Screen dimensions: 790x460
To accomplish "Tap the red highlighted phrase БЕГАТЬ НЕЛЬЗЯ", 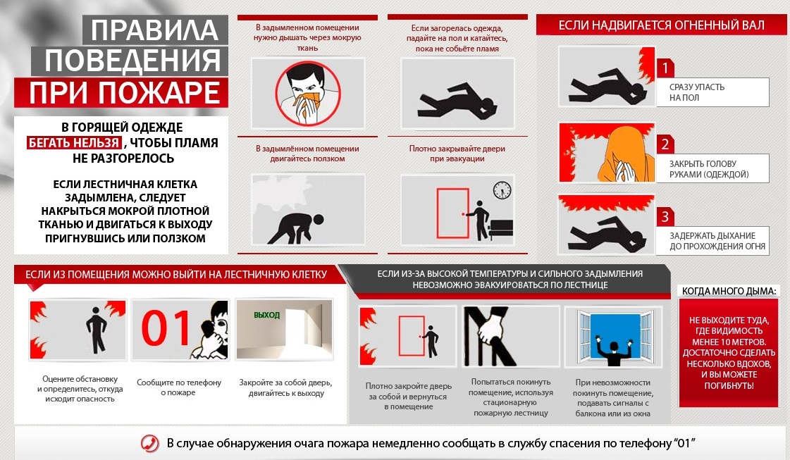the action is click(x=74, y=142).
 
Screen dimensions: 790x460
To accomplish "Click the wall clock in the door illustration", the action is click(x=502, y=190).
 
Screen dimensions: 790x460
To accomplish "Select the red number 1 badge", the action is click(x=665, y=68).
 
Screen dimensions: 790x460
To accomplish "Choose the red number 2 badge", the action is click(x=665, y=144).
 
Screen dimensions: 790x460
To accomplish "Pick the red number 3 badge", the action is click(x=665, y=217).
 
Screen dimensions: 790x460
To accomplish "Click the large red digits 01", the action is click(x=166, y=328).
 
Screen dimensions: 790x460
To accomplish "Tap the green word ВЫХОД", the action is click(x=266, y=315).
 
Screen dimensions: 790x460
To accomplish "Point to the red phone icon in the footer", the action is click(x=149, y=443).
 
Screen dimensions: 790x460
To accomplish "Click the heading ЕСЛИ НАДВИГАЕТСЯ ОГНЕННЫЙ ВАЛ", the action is click(x=661, y=25).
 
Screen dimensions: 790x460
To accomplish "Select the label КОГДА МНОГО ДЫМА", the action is click(x=729, y=291).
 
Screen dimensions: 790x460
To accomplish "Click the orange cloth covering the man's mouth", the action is click(x=307, y=100).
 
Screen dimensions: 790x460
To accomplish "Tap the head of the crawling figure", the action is click(x=318, y=220).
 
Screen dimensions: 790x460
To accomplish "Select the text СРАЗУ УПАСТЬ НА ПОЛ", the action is click(x=696, y=92).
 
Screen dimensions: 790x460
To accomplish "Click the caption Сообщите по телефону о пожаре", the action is click(x=179, y=387).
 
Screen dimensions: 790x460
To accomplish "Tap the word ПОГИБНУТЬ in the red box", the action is click(x=729, y=386).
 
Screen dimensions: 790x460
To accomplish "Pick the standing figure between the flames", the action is click(x=96, y=330).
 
